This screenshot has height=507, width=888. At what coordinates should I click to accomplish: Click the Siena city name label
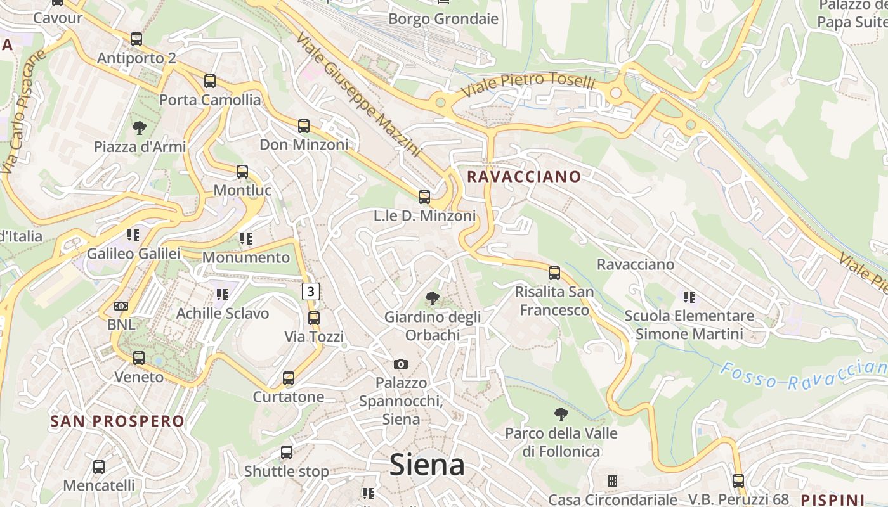(427, 465)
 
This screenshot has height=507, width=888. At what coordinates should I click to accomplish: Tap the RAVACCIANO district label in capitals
(524, 177)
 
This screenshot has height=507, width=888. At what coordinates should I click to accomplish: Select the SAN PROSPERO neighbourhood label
(117, 421)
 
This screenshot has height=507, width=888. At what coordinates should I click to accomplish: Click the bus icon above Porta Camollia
(210, 81)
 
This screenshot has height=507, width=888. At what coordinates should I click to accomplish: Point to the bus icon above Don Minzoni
(304, 126)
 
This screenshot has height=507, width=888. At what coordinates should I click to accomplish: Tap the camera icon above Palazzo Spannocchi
(400, 364)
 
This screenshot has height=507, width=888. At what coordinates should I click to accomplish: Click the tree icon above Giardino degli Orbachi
(433, 298)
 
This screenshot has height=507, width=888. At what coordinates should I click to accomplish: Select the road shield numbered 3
(310, 292)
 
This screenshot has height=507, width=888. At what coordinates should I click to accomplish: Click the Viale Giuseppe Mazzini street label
(357, 95)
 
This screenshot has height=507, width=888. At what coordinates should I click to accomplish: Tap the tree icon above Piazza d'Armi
(140, 128)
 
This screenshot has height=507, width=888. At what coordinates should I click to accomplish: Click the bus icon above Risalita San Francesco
(554, 273)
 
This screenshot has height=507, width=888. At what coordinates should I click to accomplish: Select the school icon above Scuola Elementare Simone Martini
(689, 297)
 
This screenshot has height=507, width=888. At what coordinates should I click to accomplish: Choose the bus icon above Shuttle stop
(287, 452)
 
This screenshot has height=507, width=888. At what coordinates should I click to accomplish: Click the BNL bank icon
(121, 306)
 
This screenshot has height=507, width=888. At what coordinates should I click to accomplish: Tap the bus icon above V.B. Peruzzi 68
(738, 480)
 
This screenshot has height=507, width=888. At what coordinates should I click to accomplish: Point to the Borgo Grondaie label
(443, 19)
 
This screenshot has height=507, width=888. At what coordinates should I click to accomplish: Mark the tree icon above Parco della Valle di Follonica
(561, 414)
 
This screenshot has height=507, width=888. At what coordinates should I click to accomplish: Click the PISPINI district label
(833, 499)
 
